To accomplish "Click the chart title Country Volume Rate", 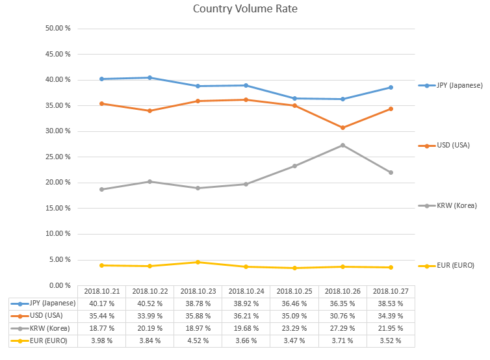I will click(x=245, y=9).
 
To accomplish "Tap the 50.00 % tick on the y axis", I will click(x=58, y=29).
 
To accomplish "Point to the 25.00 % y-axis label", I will click(x=58, y=157).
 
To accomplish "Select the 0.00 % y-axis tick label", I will click(x=60, y=285).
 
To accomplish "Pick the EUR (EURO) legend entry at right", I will click(x=451, y=265).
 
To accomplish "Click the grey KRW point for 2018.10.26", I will click(x=342, y=145).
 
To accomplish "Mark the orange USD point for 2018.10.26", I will click(x=342, y=127).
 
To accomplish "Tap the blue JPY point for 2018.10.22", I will click(x=149, y=77).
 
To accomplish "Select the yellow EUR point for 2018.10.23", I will click(x=198, y=262).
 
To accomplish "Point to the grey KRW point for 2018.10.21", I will click(x=101, y=189).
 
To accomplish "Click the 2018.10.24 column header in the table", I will click(x=246, y=291).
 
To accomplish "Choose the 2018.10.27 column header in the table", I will click(x=391, y=291).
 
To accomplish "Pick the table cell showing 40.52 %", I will click(x=149, y=303).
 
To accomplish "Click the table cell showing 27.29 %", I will click(x=342, y=328).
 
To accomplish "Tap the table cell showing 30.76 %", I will click(x=342, y=316).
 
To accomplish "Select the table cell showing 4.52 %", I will click(x=198, y=340).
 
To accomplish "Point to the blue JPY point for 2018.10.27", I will click(x=391, y=87).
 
